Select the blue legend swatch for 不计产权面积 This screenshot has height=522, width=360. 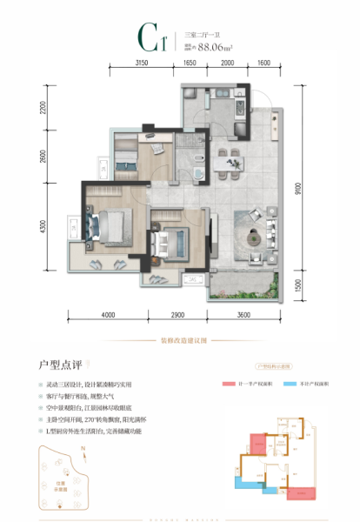(292, 383)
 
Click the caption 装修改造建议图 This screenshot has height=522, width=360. (180, 340)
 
